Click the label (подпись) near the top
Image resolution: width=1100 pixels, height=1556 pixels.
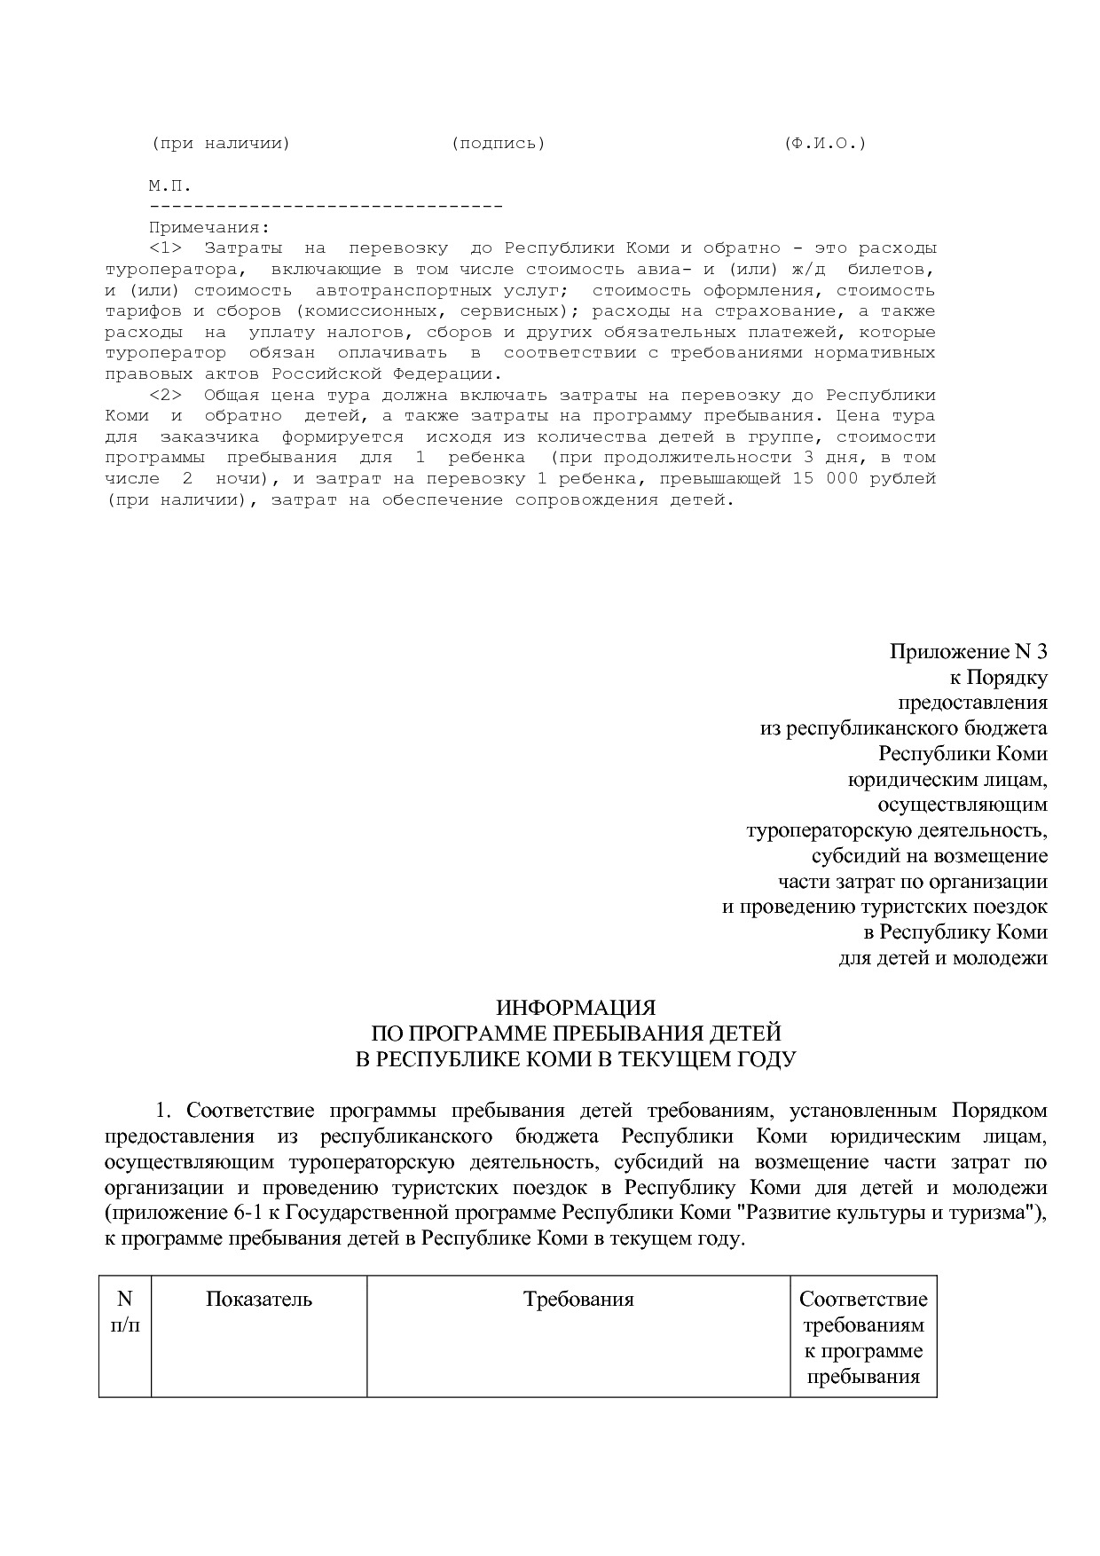pyautogui.click(x=498, y=143)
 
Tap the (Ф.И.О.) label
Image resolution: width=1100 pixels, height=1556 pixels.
pyautogui.click(x=824, y=143)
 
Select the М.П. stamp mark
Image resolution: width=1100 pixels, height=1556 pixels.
pyautogui.click(x=169, y=186)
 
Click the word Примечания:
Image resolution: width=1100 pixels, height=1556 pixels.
pyautogui.click(x=208, y=228)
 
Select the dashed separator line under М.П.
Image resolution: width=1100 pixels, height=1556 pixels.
pyautogui.click(x=326, y=207)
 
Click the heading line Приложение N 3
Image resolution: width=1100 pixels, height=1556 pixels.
pyautogui.click(x=968, y=652)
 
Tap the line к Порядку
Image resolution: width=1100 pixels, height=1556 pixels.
pyautogui.click(x=998, y=678)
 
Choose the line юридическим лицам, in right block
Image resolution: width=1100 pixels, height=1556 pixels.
pyautogui.click(x=947, y=780)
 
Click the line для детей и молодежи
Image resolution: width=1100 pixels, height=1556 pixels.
pyautogui.click(x=943, y=958)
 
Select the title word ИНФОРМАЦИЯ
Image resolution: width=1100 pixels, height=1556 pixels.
pyautogui.click(x=575, y=1008)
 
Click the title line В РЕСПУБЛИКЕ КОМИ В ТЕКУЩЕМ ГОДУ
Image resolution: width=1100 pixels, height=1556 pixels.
pyautogui.click(x=575, y=1059)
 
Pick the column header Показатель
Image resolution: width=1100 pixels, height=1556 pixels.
pyautogui.click(x=259, y=1300)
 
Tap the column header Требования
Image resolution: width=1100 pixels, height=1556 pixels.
pyautogui.click(x=578, y=1300)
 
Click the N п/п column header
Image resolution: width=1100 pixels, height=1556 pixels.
pyautogui.click(x=124, y=1312)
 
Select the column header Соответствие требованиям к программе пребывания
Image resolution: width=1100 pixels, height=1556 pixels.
pyautogui.click(x=863, y=1338)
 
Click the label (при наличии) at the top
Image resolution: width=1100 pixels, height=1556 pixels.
pyautogui.click(x=220, y=143)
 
